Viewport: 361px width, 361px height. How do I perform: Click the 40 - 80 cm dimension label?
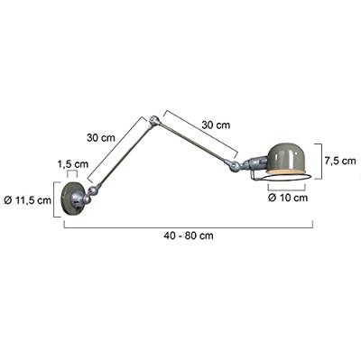click(189, 236)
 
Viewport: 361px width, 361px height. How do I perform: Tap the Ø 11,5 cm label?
click(28, 199)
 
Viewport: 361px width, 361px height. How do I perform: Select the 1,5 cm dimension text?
click(73, 164)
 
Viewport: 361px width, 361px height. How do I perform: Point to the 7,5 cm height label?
click(340, 161)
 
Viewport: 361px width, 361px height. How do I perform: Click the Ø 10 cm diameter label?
click(288, 198)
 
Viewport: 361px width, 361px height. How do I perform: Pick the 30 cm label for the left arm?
click(101, 138)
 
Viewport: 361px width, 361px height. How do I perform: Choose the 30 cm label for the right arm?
click(216, 125)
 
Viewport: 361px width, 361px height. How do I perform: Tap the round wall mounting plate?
click(71, 199)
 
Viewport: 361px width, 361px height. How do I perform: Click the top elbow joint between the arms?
click(154, 120)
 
